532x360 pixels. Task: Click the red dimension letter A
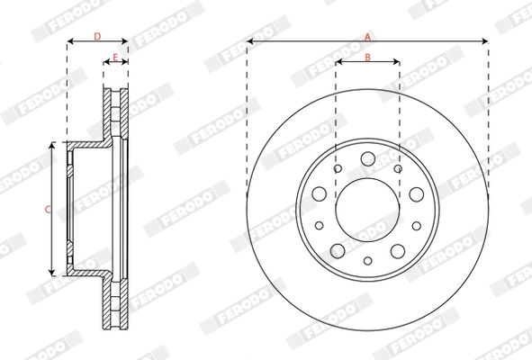tap(367, 36)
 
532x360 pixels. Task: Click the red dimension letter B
tap(367, 57)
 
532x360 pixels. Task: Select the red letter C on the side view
tap(47, 209)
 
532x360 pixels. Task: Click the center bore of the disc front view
tap(367, 209)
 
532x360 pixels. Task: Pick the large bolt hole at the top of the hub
tap(367, 159)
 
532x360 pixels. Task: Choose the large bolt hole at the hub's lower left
tap(338, 249)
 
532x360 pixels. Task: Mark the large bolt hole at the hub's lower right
tap(397, 249)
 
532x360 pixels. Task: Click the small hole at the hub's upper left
tap(338, 167)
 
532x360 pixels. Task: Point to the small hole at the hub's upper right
tap(397, 167)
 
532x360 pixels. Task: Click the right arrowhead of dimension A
tap(486, 41)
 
